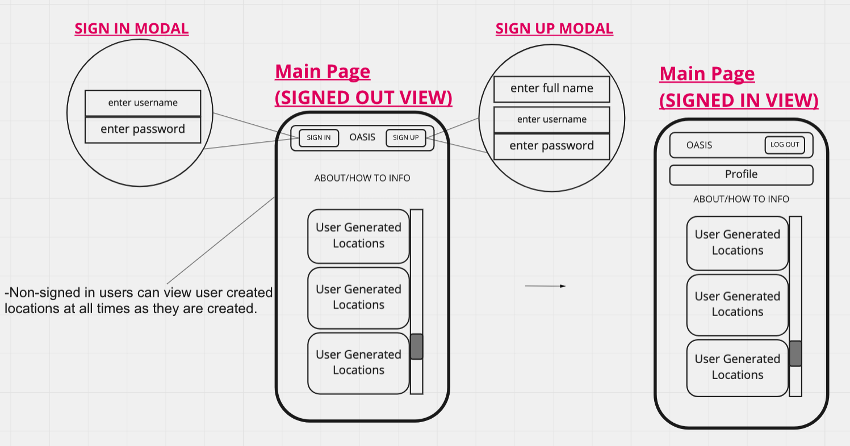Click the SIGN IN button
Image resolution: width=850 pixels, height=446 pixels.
click(x=319, y=138)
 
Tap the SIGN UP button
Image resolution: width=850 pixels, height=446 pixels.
click(x=405, y=138)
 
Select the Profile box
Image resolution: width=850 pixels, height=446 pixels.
click(x=741, y=175)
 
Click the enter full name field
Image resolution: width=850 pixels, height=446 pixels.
click(x=552, y=89)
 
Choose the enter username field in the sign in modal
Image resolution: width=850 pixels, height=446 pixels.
click(x=143, y=103)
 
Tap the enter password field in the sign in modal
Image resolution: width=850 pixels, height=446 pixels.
click(x=143, y=130)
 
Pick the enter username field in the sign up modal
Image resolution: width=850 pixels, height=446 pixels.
click(x=552, y=120)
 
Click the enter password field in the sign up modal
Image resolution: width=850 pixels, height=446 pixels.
click(x=552, y=146)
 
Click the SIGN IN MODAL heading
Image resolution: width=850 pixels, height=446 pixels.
click(x=131, y=29)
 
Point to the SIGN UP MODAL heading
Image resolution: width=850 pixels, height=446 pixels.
click(x=554, y=29)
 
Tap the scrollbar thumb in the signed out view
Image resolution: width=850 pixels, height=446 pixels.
click(x=417, y=346)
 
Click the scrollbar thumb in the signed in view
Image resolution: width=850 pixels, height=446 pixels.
click(x=795, y=354)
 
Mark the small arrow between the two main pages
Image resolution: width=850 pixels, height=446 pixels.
click(x=545, y=286)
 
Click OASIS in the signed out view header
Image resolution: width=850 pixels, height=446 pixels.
click(x=362, y=137)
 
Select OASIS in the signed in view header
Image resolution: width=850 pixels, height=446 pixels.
click(x=699, y=145)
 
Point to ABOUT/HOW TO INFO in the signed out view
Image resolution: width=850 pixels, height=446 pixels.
click(x=362, y=178)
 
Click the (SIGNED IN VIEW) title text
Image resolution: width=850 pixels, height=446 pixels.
click(x=739, y=100)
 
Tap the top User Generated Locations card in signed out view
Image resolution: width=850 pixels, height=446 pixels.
click(x=359, y=236)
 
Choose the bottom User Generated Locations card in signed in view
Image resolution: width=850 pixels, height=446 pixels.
click(x=738, y=368)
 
